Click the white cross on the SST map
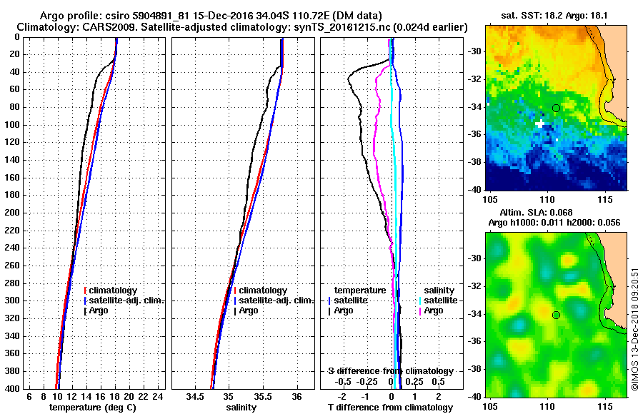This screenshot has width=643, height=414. (539, 123)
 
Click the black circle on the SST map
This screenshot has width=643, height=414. (556, 108)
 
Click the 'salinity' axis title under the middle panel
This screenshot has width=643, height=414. (241, 407)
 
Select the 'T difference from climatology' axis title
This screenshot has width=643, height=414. (390, 407)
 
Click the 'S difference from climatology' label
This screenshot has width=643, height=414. (390, 371)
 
